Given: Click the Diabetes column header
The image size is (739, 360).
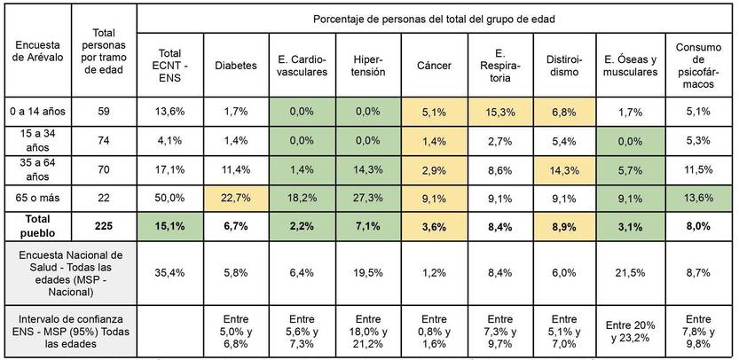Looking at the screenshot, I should tap(236, 65).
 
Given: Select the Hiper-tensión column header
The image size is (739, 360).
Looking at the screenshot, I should tap(368, 65).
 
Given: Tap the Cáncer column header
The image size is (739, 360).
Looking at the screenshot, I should tap(434, 65).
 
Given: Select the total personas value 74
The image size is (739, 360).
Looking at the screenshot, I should tap(105, 140).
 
